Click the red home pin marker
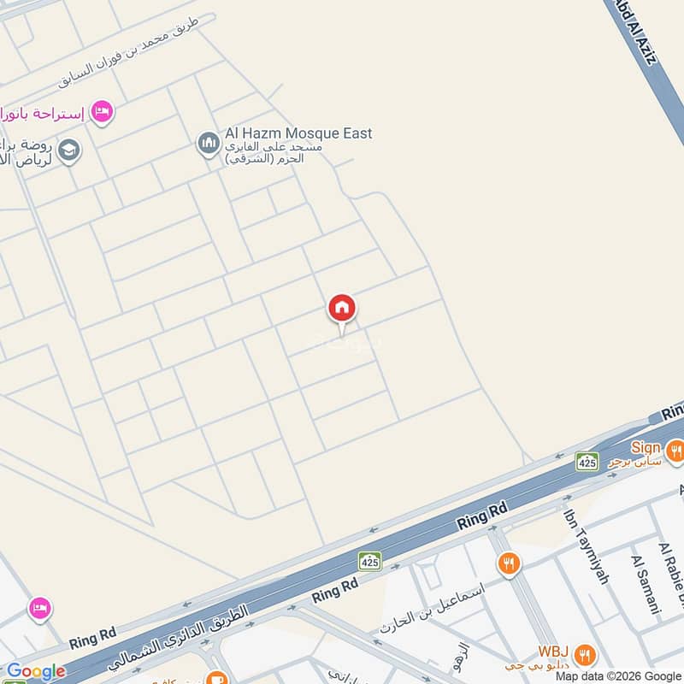[342, 309]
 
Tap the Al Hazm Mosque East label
[298, 133]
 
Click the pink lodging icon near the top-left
[102, 112]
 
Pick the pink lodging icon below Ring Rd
[38, 609]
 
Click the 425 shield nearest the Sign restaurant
[587, 462]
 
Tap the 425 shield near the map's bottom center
[369, 561]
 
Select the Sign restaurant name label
[646, 447]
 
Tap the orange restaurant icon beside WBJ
[585, 655]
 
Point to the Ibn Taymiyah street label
[586, 547]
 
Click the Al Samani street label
[646, 585]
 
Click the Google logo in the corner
[35, 672]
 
